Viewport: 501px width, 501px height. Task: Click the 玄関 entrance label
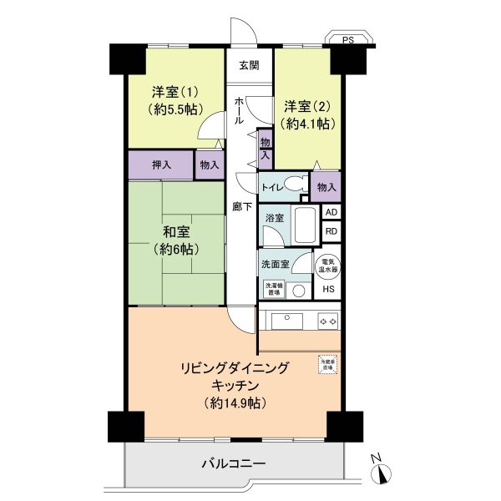[249, 65]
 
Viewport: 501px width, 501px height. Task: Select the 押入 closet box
[160, 164]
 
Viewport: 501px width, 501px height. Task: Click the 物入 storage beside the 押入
[209, 164]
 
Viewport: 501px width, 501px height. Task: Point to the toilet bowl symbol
[293, 186]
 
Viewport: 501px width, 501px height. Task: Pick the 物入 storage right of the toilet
[326, 186]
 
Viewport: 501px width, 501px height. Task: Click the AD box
[331, 212]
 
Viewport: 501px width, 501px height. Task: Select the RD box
[331, 231]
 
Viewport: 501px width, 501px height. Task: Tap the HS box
[329, 289]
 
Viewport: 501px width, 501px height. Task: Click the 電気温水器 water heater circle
[328, 266]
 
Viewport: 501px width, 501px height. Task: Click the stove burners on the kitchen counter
[326, 320]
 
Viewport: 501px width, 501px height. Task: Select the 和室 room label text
[175, 231]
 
